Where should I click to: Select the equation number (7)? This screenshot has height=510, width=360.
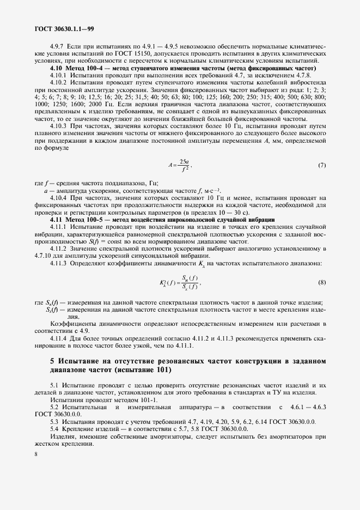pyautogui.click(x=321, y=165)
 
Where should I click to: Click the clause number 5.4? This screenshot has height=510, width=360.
pyautogui.click(x=54, y=429)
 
